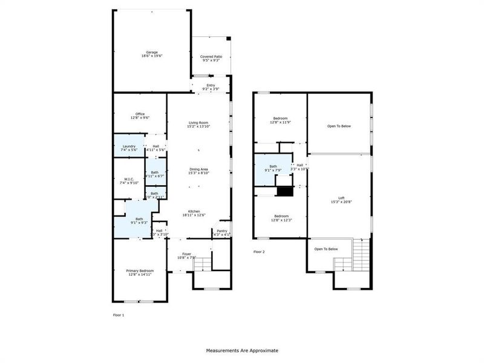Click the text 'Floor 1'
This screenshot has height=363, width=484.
[x=119, y=315]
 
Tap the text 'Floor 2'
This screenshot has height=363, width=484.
[x=259, y=252]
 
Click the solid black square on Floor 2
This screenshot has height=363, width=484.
[x=284, y=191]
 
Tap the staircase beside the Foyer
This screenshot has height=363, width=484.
[x=205, y=263]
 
